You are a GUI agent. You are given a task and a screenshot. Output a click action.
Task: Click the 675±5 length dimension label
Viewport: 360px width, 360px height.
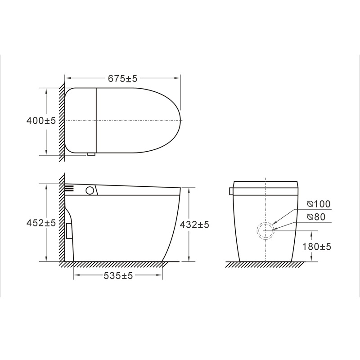coord(122,78)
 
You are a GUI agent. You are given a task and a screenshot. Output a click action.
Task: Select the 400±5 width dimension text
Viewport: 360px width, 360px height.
coord(41,121)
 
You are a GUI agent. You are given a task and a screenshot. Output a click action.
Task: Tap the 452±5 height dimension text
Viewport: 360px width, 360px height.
coord(41,223)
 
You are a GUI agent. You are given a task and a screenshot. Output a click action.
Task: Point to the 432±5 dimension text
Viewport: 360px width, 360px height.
coord(194,225)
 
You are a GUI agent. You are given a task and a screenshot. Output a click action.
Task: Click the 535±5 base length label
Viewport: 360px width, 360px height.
coord(118,275)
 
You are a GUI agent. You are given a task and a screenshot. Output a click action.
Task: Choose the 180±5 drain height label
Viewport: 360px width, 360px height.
coord(317,247)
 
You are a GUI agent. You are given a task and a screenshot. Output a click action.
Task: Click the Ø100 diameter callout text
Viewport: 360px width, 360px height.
coord(319,204)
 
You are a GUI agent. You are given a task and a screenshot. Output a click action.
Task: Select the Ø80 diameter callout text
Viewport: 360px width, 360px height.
coord(316,217)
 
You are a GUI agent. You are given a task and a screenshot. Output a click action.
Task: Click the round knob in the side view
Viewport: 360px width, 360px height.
coord(90,190)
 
